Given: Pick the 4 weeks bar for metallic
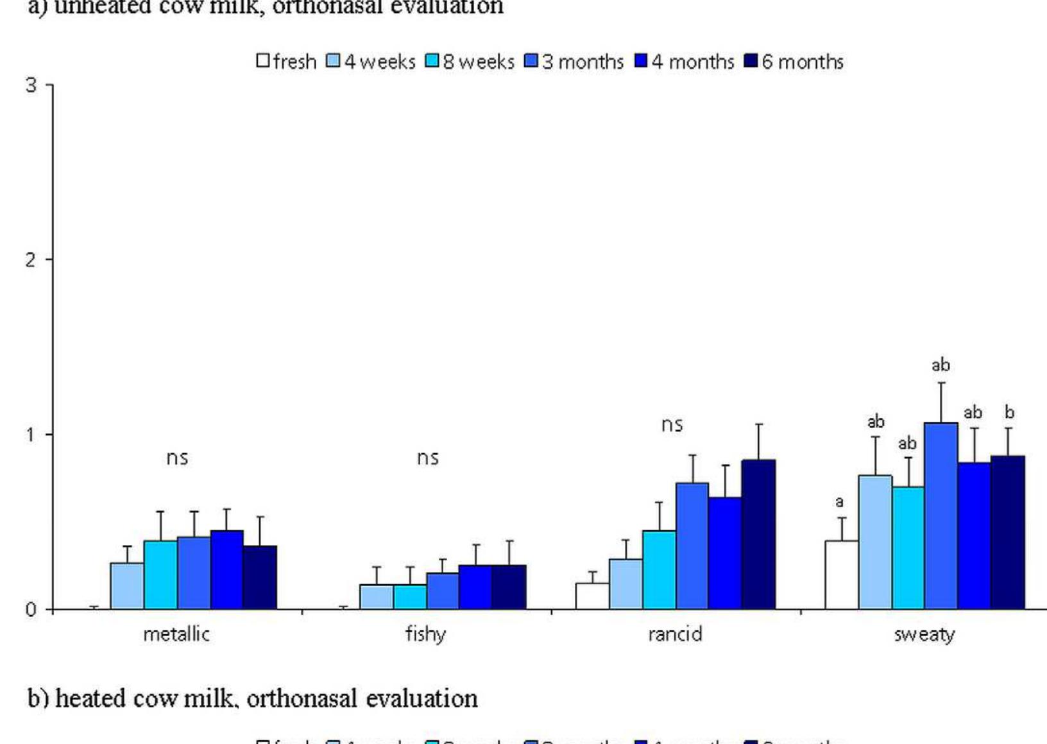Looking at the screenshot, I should (x=127, y=585).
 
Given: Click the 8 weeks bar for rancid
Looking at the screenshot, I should (x=659, y=569).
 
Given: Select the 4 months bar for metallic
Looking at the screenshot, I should (x=226, y=569).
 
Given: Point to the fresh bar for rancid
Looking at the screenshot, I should (x=592, y=596).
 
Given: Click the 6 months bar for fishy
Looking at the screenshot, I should (x=509, y=587).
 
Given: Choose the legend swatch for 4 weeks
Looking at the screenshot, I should (x=333, y=61).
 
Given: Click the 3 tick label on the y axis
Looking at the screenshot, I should (x=30, y=85).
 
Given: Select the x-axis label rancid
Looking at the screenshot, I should (x=675, y=634).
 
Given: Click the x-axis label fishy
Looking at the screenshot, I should (x=425, y=634).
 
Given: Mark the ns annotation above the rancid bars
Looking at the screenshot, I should (x=672, y=424).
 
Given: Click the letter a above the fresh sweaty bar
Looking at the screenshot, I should (x=839, y=501).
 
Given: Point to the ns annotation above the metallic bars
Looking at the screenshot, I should (x=177, y=458).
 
